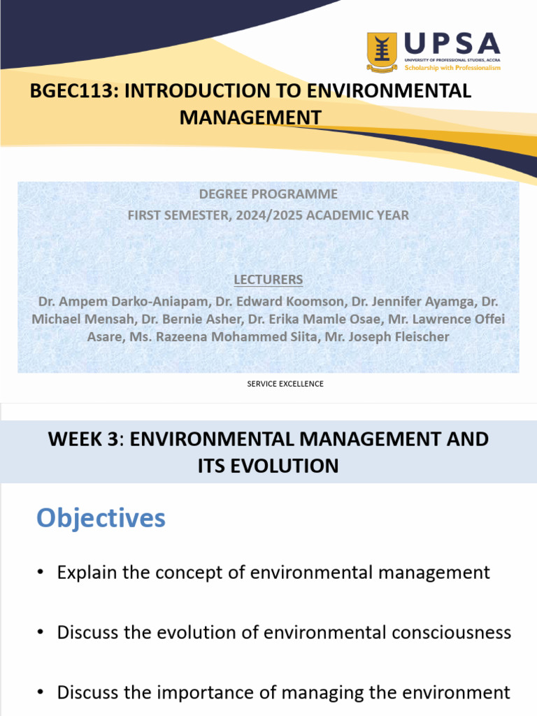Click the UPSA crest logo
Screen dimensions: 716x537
tap(382, 52)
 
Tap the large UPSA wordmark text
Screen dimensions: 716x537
tap(452, 44)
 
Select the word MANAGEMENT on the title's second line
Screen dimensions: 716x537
tap(250, 117)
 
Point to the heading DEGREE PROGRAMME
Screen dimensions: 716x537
tap(268, 194)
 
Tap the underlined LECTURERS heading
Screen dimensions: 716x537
tap(268, 280)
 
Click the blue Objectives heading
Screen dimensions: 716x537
tap(101, 518)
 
